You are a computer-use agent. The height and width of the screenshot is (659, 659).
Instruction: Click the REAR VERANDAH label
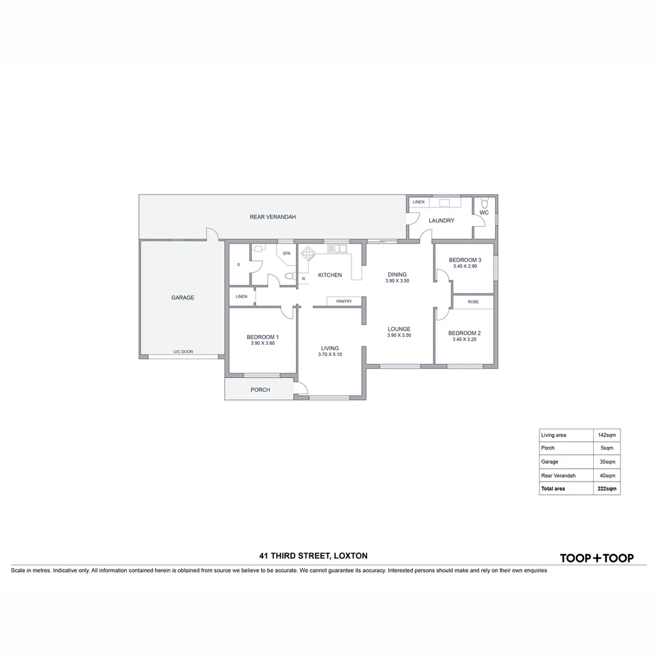tap(273, 217)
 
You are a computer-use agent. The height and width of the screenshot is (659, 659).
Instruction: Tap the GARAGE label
tap(182, 298)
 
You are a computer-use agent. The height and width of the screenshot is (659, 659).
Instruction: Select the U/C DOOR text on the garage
tap(183, 352)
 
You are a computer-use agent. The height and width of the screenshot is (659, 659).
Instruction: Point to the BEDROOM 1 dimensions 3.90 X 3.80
tap(263, 344)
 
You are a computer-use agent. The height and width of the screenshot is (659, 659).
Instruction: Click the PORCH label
tap(260, 390)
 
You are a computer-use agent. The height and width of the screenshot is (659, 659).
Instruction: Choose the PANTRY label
tap(344, 301)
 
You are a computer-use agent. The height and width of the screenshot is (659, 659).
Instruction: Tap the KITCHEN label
tap(330, 275)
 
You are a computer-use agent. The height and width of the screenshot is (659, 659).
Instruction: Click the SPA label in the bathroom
tap(286, 253)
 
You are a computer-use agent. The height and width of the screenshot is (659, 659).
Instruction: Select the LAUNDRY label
tap(441, 221)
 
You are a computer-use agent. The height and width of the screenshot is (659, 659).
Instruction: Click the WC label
tap(484, 213)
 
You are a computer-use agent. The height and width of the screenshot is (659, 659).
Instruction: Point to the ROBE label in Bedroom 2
tap(474, 302)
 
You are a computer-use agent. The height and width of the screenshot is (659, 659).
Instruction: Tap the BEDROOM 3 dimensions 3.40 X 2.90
tap(465, 267)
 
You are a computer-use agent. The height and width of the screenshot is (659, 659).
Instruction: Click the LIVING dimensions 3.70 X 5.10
tap(330, 355)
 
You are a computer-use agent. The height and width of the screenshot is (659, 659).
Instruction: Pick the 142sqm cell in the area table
tap(607, 435)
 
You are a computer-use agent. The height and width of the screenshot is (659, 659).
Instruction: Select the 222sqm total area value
tap(607, 489)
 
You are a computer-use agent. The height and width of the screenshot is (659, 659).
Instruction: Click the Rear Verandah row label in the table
tap(558, 475)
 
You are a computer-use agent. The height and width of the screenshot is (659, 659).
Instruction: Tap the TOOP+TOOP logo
tap(597, 558)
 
